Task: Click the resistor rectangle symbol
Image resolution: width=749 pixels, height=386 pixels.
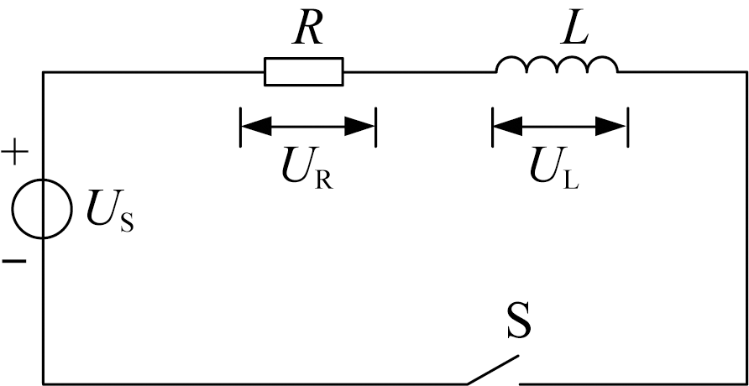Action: pos(304,71)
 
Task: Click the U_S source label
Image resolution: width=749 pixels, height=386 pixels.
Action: pos(110,213)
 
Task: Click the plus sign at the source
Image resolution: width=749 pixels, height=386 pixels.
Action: pos(15,153)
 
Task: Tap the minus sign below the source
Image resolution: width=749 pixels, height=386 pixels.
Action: pos(14,261)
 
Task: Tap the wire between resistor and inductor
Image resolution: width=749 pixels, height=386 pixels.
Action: pos(420,72)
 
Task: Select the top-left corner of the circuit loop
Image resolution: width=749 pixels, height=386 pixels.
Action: pos(44,72)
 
